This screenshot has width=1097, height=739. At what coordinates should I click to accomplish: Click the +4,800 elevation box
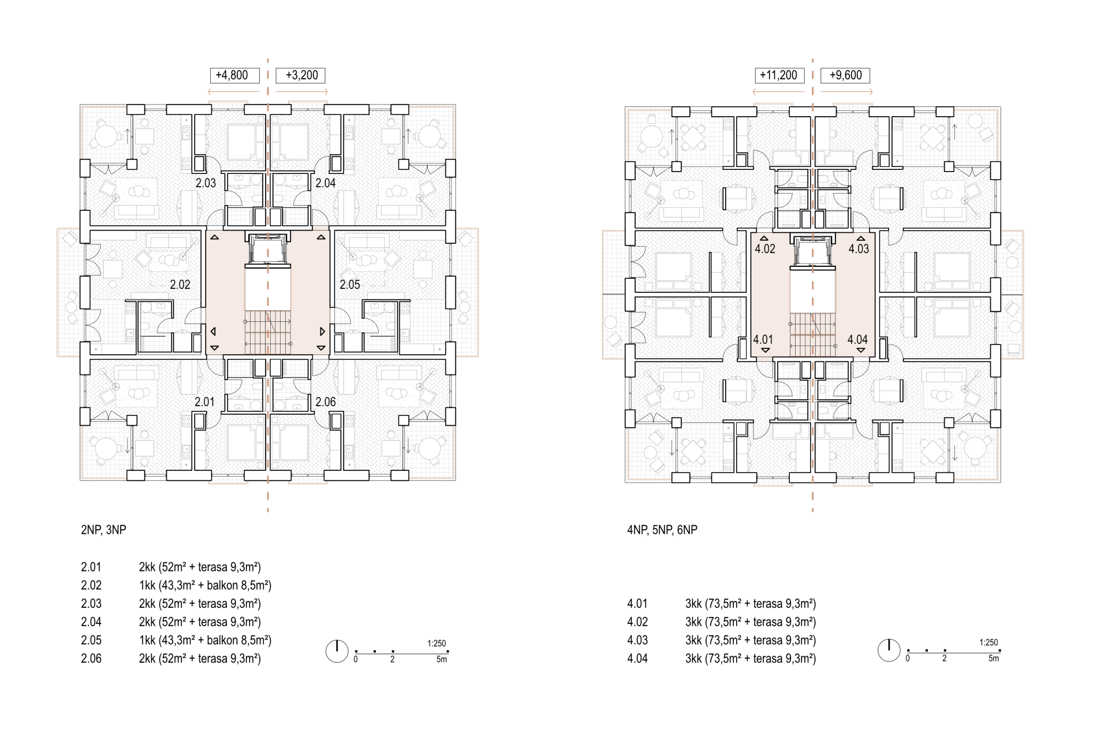point(234,75)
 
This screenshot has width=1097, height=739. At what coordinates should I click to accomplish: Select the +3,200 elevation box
point(300,75)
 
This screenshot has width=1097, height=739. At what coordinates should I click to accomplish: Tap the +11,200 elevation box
point(779,75)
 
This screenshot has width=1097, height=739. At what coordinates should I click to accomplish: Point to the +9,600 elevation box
point(845,75)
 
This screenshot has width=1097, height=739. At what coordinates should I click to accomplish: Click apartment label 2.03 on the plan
point(206,183)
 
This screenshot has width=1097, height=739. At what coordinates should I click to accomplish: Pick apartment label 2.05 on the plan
point(350,284)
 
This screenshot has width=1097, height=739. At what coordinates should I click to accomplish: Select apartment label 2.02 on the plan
point(180,284)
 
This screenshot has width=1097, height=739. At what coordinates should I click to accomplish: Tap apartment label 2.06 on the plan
point(326,402)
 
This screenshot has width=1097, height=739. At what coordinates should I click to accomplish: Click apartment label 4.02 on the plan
point(765,248)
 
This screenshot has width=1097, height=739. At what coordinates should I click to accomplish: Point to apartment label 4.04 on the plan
point(857,340)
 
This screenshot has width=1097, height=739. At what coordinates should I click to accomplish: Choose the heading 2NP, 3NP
point(103,530)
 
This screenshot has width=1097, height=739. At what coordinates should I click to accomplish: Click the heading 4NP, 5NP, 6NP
point(662,530)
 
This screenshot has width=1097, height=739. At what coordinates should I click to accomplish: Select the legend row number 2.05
point(91,640)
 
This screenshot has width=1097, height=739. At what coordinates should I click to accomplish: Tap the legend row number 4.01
point(637,604)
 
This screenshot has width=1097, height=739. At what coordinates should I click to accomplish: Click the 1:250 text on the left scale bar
point(436,643)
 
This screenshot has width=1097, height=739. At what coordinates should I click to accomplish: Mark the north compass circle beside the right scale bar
point(889,651)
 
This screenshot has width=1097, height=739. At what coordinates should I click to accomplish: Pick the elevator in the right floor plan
point(813,252)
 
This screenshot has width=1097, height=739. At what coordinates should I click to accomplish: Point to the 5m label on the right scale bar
point(994,658)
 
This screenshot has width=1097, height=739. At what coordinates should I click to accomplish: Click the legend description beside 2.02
point(205,585)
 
